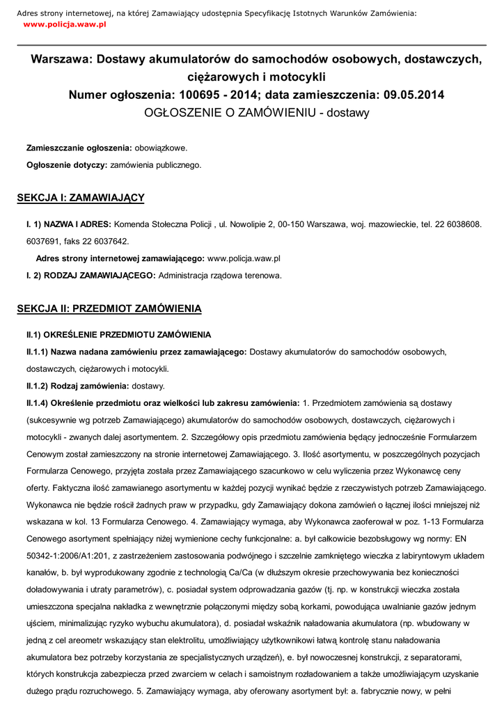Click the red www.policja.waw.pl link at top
pos(64,24)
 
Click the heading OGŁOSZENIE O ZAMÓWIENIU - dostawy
pos(256,112)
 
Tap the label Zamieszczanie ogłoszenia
pos(79,148)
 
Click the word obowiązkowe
pos(161,148)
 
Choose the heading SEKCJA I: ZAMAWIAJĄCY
pos(81,198)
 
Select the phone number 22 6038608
pos(456,225)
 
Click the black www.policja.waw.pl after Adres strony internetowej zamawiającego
pos(244,258)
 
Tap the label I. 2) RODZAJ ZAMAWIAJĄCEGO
pos(90,275)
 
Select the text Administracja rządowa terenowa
pos(220,275)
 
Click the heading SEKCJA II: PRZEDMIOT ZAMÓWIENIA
pos(109,308)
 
